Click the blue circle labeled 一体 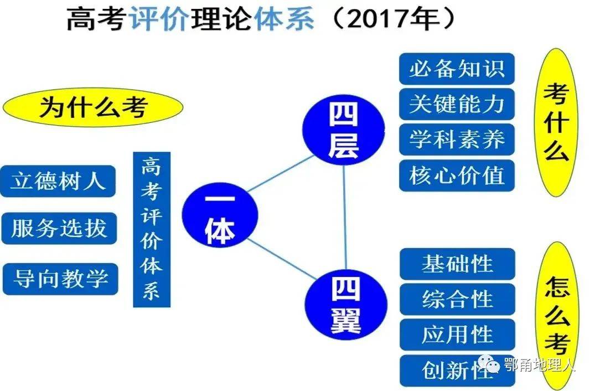click(220, 215)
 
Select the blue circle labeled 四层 click(343, 130)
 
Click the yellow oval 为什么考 click(93, 107)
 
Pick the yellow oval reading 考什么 click(556, 122)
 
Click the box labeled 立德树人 click(58, 181)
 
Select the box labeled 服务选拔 click(59, 228)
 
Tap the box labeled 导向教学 click(60, 279)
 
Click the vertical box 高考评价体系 click(152, 230)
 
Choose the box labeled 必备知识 click(457, 69)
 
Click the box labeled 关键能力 click(457, 104)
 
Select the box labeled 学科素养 click(457, 140)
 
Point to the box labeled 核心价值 click(457, 176)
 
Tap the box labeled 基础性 click(458, 264)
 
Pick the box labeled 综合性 click(458, 299)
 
